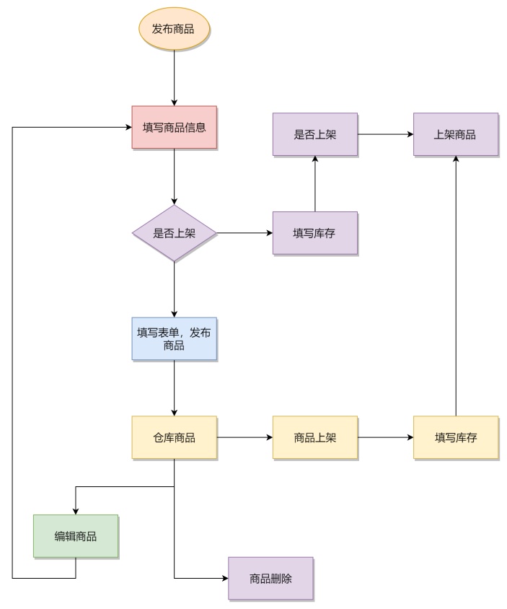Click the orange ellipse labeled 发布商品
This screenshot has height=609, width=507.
[174, 30]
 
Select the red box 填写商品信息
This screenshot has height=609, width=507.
[174, 128]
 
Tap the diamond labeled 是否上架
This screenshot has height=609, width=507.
[174, 233]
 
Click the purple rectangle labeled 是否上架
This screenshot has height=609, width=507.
[315, 134]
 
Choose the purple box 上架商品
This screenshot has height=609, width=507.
[455, 134]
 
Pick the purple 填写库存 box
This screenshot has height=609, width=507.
[315, 233]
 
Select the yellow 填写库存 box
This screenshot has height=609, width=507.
[455, 437]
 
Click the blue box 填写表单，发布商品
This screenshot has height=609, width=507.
[174, 339]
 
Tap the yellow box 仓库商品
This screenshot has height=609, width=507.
[174, 437]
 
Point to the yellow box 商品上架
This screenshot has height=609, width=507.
[315, 437]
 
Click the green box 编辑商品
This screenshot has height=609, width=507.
[76, 536]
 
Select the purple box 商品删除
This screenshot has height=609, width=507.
[270, 578]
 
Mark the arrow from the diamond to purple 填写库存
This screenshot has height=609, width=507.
[245, 233]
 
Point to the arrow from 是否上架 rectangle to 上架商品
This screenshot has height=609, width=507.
[385, 134]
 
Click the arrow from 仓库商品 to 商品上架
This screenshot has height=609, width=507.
[244, 437]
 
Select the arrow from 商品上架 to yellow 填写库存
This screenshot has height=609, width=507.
[385, 437]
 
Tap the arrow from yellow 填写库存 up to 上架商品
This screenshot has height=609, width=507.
[455, 289]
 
